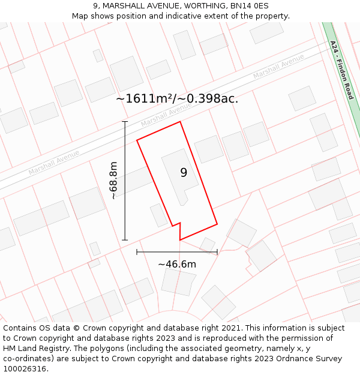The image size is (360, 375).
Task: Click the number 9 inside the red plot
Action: (x=184, y=173)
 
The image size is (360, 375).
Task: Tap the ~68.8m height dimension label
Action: (x=113, y=180)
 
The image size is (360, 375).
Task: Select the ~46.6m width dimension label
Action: (x=177, y=264)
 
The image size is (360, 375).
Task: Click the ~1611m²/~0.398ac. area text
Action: (x=177, y=99)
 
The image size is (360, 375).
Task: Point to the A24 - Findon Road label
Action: (x=342, y=70)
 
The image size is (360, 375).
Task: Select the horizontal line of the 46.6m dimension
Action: (x=177, y=252)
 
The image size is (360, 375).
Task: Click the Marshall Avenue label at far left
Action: (x=54, y=163)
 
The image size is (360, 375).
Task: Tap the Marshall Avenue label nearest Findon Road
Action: (x=278, y=66)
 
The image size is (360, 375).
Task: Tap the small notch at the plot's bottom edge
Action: (x=176, y=226)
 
